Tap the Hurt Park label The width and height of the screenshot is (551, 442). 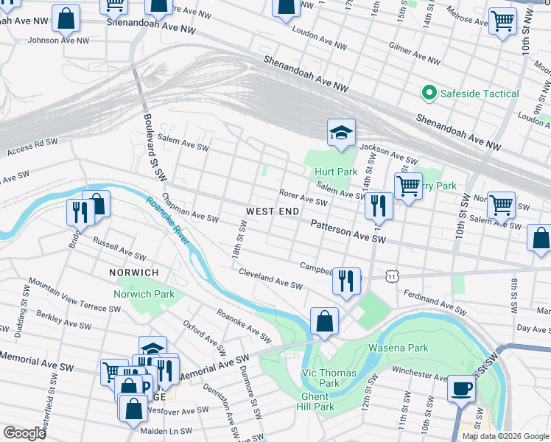click(x=335, y=172)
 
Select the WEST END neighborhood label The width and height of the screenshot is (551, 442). click(x=272, y=211)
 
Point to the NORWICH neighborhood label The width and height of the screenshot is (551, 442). click(x=134, y=273)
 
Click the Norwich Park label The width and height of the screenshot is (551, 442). click(x=144, y=295)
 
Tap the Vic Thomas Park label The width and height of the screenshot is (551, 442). click(x=330, y=378)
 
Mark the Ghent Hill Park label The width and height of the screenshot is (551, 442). click(x=317, y=401)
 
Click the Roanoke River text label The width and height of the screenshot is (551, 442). click(x=168, y=220)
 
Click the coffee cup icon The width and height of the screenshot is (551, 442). click(x=462, y=388)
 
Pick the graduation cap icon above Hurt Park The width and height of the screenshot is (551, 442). click(x=341, y=133)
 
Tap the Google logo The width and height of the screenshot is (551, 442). click(x=24, y=433)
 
